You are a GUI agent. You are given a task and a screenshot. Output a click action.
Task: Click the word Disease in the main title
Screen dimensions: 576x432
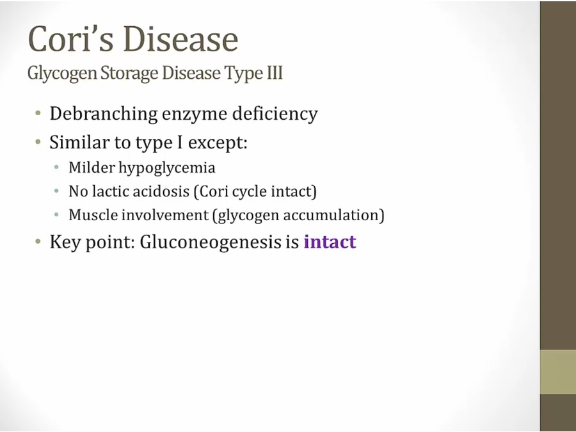point(180,38)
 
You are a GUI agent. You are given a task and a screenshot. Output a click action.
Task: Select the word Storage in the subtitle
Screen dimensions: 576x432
point(129,73)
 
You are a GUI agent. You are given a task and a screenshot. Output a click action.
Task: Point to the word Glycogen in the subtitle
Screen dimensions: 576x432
point(61,73)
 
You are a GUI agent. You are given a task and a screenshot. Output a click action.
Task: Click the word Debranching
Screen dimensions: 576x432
point(104,113)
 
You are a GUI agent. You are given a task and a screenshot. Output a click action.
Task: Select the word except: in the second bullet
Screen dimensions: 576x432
point(218,143)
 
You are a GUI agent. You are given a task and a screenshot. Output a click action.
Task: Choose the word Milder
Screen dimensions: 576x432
point(92,168)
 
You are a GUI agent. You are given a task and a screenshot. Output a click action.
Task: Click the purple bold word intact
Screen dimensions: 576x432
point(330,242)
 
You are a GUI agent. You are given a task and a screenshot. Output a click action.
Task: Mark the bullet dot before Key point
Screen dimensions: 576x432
point(38,241)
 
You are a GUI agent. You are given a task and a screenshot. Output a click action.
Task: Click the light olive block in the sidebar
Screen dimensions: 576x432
point(558,372)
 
